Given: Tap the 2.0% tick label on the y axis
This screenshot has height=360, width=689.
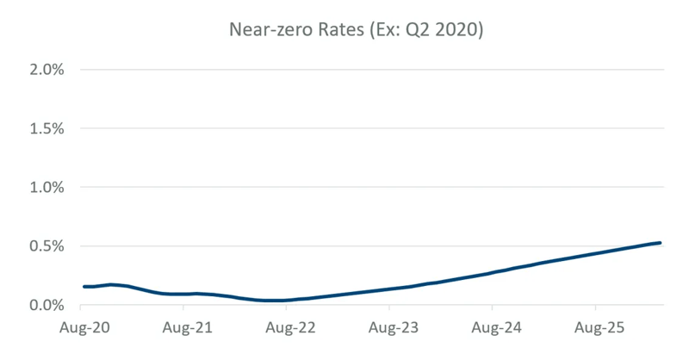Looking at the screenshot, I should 47,70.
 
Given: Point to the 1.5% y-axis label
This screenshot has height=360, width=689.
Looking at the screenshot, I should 47,128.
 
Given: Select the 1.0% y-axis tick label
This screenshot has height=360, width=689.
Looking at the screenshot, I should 47,187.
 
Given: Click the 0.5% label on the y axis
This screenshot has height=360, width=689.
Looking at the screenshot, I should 47,246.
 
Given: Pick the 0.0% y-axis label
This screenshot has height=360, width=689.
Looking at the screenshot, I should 47,305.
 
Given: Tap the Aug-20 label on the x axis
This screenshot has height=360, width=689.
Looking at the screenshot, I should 84,329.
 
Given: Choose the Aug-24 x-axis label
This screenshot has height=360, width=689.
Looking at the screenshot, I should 492,329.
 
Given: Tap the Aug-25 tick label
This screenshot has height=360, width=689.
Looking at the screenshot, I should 595,329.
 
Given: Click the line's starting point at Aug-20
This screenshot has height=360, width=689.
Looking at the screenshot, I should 84,286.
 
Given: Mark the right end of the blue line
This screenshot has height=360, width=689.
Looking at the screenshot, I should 660,243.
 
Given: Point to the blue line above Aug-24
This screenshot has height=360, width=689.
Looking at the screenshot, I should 492,273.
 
